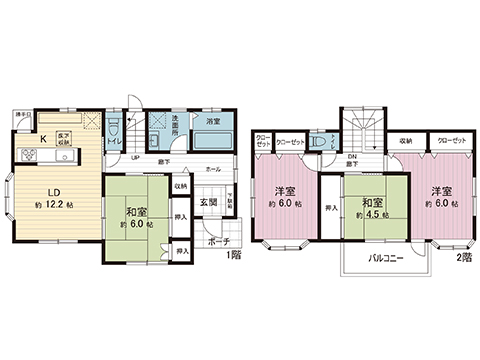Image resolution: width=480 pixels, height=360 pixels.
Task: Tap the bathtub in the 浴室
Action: [212, 140]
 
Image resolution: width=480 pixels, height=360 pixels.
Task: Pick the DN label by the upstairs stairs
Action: [352, 157]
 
